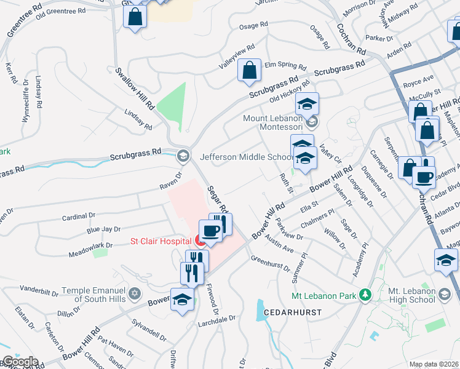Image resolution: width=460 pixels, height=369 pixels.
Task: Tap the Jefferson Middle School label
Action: coord(244,157)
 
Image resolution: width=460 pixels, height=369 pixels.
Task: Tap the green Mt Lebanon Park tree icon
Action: coord(365,296)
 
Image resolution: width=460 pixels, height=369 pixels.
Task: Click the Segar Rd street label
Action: coord(218,200)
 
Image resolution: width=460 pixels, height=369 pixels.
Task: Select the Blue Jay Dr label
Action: coord(103,230)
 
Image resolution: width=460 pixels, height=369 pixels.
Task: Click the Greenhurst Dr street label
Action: coord(270,263)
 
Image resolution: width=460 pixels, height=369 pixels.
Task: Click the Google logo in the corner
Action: coord(20,362)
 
